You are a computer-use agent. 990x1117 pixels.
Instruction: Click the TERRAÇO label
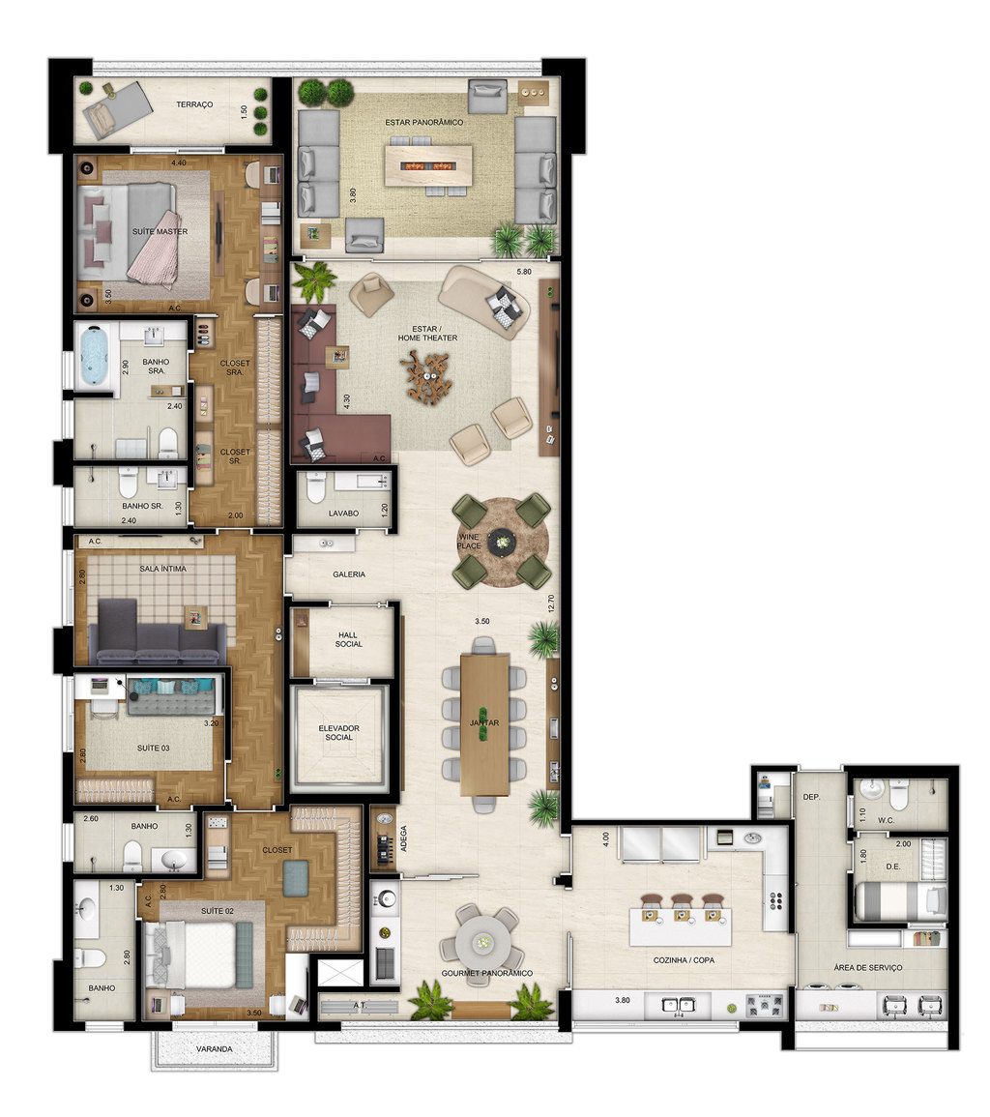(194, 104)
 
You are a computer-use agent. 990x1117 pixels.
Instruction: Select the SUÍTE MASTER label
(160, 232)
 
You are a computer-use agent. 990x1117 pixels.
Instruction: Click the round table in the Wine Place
(502, 543)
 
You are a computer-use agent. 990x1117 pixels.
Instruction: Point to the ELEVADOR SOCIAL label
(338, 732)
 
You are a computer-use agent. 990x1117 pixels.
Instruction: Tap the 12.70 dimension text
(551, 603)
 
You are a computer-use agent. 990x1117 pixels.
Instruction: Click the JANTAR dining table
(485, 723)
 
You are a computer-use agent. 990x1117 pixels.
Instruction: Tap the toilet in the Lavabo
(314, 491)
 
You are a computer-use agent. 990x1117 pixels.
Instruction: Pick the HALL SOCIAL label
(347, 639)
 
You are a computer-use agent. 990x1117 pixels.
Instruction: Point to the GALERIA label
(349, 574)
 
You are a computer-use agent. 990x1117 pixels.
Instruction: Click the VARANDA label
(215, 1048)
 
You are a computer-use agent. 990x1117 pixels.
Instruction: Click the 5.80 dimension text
(526, 272)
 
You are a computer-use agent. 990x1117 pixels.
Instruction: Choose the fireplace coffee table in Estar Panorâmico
(427, 165)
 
